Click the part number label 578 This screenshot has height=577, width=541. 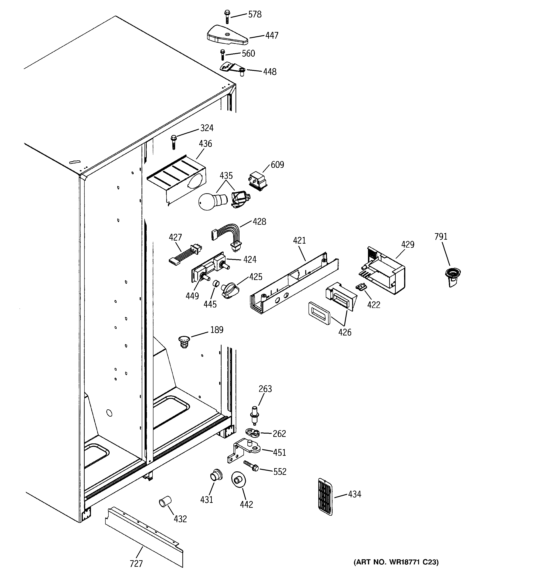[255, 14]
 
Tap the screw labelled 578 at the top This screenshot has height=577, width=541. [227, 17]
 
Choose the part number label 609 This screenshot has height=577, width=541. [277, 165]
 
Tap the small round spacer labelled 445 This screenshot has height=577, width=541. [216, 283]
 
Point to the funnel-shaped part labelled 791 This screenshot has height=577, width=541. [452, 277]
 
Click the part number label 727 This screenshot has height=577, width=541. [136, 564]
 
